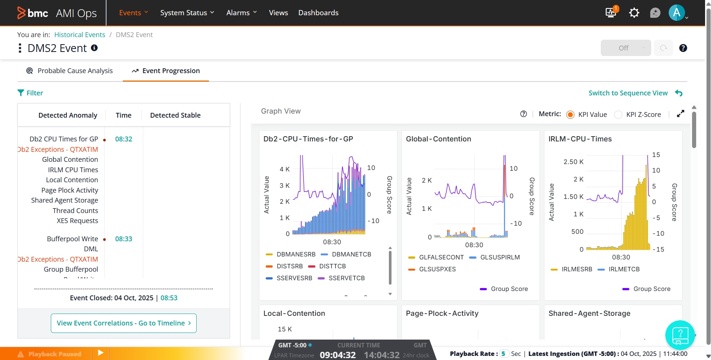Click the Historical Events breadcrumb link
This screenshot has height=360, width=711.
pos(79,35)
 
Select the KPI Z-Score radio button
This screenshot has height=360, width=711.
pos(618,115)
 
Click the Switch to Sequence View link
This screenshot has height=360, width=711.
pos(628,93)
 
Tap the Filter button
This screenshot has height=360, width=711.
pos(30,93)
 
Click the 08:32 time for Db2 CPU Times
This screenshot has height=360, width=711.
pos(124,139)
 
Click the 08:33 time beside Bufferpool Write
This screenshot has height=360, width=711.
pos(124,239)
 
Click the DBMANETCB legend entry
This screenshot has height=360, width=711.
pos(351,254)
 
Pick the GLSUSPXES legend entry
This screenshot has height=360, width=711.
pos(437,269)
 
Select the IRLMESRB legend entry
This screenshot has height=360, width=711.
pos(577,269)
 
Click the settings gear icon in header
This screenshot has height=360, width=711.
pos(634,13)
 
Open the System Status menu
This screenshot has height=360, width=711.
pos(187,13)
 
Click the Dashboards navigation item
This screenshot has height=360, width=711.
pos(318,13)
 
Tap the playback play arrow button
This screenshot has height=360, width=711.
pos(101,353)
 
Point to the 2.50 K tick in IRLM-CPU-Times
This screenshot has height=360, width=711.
pos(573,162)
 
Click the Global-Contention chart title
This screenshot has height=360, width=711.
pos(438,139)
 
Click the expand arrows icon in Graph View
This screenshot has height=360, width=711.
pos(680,114)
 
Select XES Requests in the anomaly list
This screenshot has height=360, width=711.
pos(77,221)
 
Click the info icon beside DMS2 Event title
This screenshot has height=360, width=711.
pos(94,48)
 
